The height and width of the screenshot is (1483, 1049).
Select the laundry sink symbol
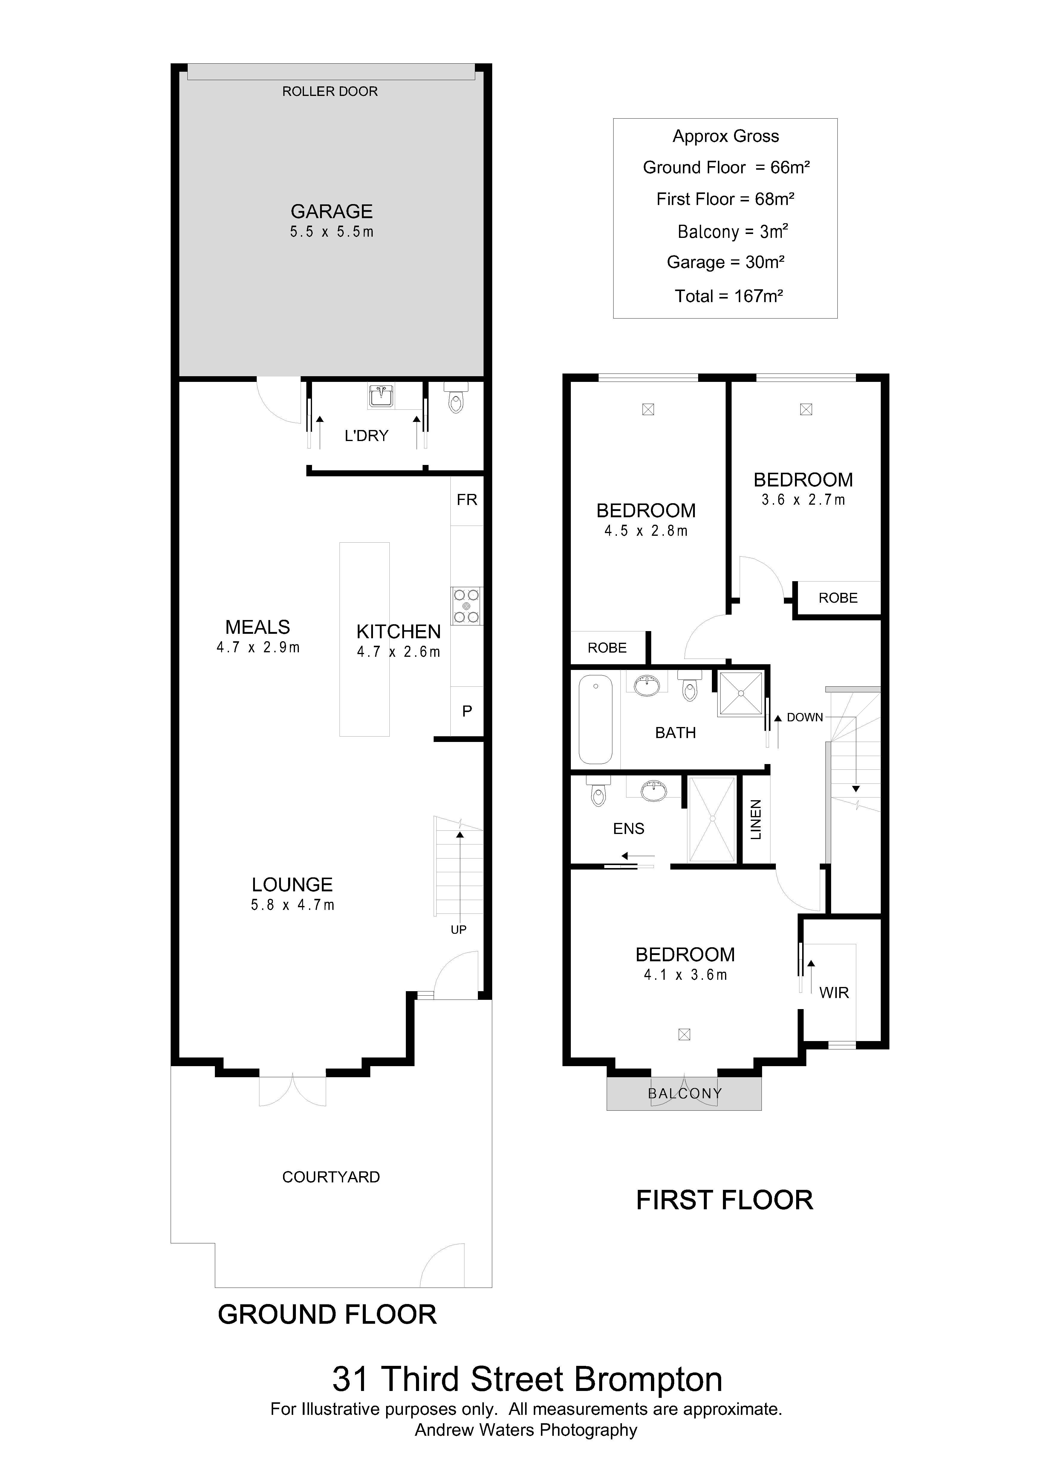pos(381,396)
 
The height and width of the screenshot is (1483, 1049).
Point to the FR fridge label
pos(466,499)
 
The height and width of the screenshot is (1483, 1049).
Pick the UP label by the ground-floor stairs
pos(459,930)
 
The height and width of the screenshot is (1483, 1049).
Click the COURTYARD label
pos(331,1177)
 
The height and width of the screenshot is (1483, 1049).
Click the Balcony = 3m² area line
pos(733,231)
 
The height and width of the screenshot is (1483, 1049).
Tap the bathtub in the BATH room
pos(595,719)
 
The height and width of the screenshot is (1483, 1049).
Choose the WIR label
pos(834,993)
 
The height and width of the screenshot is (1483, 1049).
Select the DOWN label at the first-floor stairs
pos(805,717)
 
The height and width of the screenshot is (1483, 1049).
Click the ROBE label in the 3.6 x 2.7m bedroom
pos(838,598)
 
